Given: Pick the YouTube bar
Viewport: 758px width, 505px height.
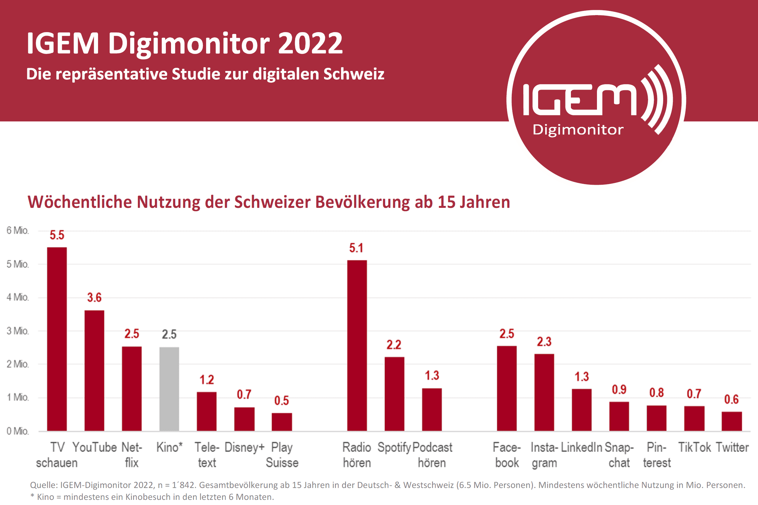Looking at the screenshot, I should click(95, 370).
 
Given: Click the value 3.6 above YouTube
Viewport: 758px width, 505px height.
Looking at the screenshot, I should click(95, 297).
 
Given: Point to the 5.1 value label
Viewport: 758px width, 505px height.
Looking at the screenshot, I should click(356, 248).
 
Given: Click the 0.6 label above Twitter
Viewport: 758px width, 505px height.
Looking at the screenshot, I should click(731, 399).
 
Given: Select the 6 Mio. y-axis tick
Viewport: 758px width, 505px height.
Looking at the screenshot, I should click(18, 231).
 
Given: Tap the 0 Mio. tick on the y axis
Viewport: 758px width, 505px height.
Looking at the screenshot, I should click(18, 431).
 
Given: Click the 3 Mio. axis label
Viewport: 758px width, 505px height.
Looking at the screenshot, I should click(18, 331).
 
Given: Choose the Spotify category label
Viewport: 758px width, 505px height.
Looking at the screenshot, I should click(394, 447).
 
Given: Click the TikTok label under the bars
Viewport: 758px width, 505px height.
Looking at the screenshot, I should click(694, 447).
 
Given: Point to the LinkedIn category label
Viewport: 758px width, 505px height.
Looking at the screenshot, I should click(582, 447).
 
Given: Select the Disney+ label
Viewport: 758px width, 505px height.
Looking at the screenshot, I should click(244, 447).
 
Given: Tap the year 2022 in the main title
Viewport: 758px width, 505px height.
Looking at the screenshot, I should click(310, 43).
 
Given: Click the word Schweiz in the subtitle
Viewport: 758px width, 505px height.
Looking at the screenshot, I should click(354, 74).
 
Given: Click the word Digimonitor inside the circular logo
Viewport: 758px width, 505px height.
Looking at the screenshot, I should click(578, 130).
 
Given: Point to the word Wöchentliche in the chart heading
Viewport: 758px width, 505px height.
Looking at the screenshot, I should click(80, 202).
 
